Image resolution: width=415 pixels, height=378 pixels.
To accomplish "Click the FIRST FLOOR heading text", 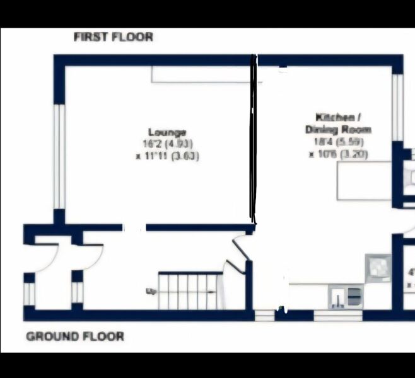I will tap(114, 37).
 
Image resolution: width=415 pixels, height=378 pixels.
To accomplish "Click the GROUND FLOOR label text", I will tap(75, 336).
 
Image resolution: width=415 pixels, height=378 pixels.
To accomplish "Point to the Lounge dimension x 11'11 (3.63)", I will tap(167, 156).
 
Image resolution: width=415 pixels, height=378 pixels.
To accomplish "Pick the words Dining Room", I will tap(338, 129).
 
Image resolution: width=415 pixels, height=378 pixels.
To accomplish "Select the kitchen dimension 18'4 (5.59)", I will tap(337, 142).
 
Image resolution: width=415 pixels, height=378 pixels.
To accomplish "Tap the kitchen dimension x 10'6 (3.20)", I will tap(338, 154).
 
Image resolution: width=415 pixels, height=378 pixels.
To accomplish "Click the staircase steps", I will tap(189, 290).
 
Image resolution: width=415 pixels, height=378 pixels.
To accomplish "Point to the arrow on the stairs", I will tap(152, 291).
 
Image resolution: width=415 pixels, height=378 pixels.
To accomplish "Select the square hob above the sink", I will tap(378, 267).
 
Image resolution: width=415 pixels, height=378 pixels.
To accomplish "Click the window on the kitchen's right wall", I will tap(397, 107).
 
